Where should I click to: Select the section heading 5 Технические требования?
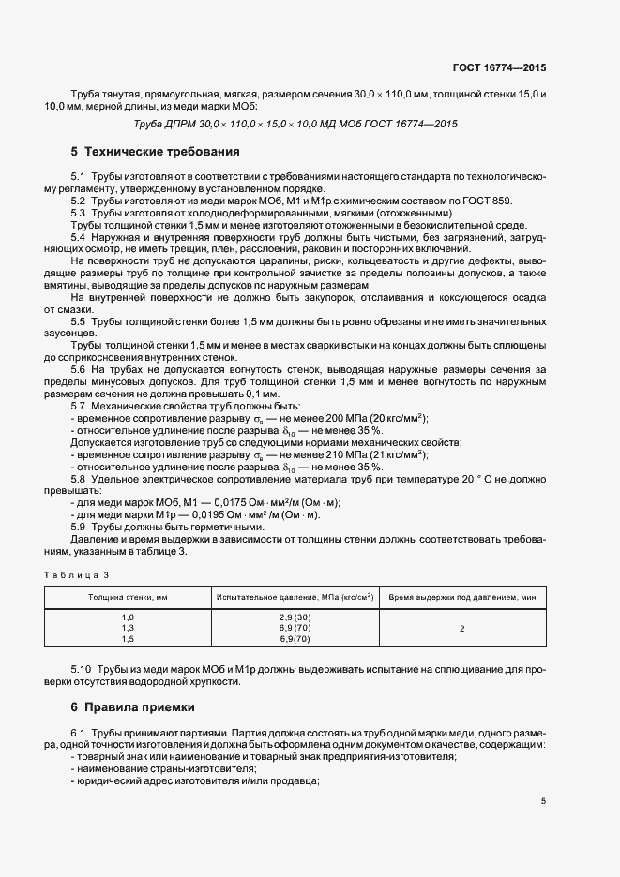pyautogui.click(x=155, y=151)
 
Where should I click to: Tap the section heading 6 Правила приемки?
pyautogui.click(x=141, y=706)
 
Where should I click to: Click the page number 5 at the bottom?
pyautogui.click(x=543, y=801)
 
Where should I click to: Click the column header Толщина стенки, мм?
pyautogui.click(x=128, y=596)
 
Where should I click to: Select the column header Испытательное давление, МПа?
pyautogui.click(x=295, y=596)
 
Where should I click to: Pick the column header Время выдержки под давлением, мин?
pyautogui.click(x=461, y=596)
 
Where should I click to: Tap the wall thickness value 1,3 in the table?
pyautogui.click(x=128, y=627)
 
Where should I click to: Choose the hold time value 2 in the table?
pyautogui.click(x=461, y=627)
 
